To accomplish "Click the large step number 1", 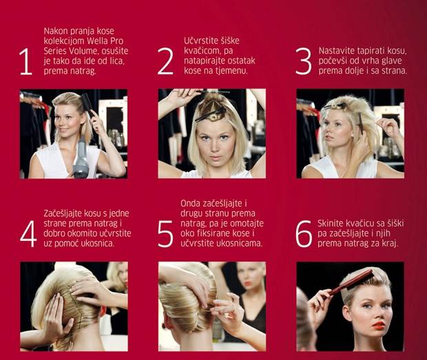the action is (26, 61).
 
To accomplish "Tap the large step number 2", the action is (165, 61).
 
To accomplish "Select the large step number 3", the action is (303, 61).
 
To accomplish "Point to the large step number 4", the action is (28, 234).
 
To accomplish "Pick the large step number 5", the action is (165, 234).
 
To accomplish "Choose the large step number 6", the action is (304, 234).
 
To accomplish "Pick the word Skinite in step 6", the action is (331, 224).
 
